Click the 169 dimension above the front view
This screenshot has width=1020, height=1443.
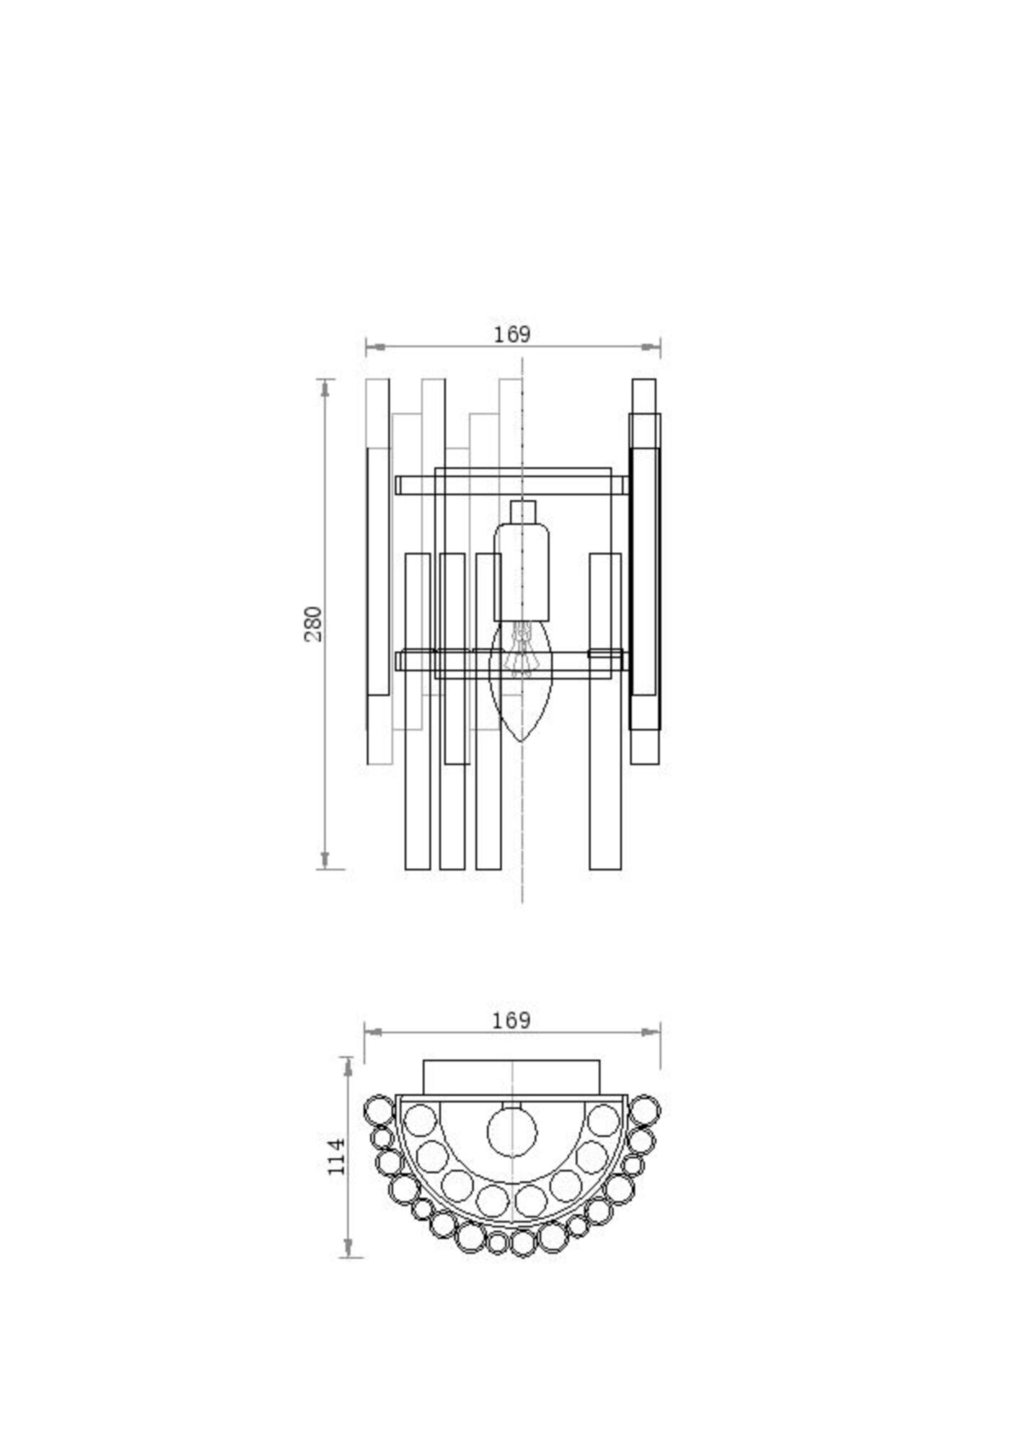[x=512, y=335]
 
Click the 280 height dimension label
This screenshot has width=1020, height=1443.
[x=313, y=624]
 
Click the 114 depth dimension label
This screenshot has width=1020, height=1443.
[x=337, y=1157]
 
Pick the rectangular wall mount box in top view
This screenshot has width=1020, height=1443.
[x=511, y=1076]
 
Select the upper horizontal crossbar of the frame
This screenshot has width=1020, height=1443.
[x=511, y=485]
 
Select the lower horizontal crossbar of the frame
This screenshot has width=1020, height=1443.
[x=511, y=661]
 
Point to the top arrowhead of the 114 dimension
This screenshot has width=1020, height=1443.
[x=348, y=1067]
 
